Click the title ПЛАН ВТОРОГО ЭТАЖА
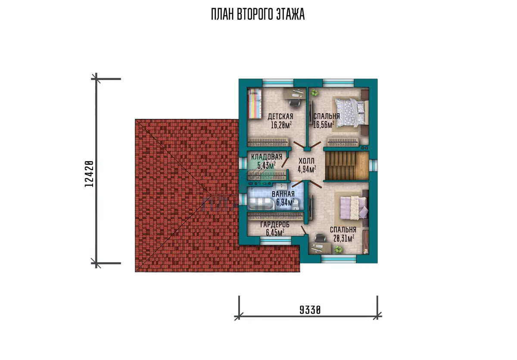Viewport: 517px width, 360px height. pos(258,14)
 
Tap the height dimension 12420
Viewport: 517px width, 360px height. pos(89,174)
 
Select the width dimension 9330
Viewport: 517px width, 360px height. pos(310,310)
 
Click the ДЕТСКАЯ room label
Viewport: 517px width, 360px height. pos(280,116)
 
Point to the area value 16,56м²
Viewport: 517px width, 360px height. pos(324,125)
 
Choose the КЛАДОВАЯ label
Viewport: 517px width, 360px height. pos(267,157)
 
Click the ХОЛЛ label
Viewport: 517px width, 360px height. pos(306,161)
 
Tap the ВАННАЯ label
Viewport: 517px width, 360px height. pos(283,194)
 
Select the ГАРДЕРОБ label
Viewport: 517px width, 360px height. pos(275,224)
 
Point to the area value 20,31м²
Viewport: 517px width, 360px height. pos(344,238)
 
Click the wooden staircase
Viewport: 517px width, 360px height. pos(347,165)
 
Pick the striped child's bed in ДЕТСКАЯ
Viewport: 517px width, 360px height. pos(255,104)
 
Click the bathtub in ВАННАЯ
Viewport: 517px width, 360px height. pos(261,204)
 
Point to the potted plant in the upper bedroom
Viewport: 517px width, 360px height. pos(314,93)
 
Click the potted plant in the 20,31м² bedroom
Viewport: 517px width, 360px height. pos(338,249)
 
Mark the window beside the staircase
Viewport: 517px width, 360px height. pos(373,165)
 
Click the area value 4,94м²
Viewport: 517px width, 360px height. pos(307,170)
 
